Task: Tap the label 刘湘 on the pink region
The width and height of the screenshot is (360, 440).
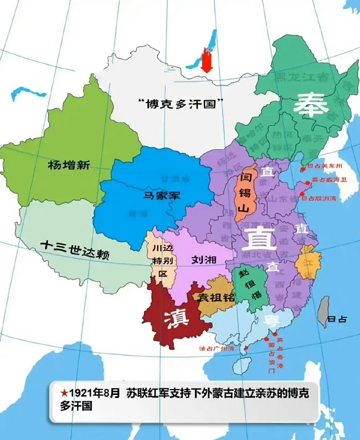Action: point(204,260)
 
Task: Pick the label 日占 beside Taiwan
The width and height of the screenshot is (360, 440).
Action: point(337,319)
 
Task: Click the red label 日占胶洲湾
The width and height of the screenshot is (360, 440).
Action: point(319,198)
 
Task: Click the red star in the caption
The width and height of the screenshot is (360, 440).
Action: point(64,392)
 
